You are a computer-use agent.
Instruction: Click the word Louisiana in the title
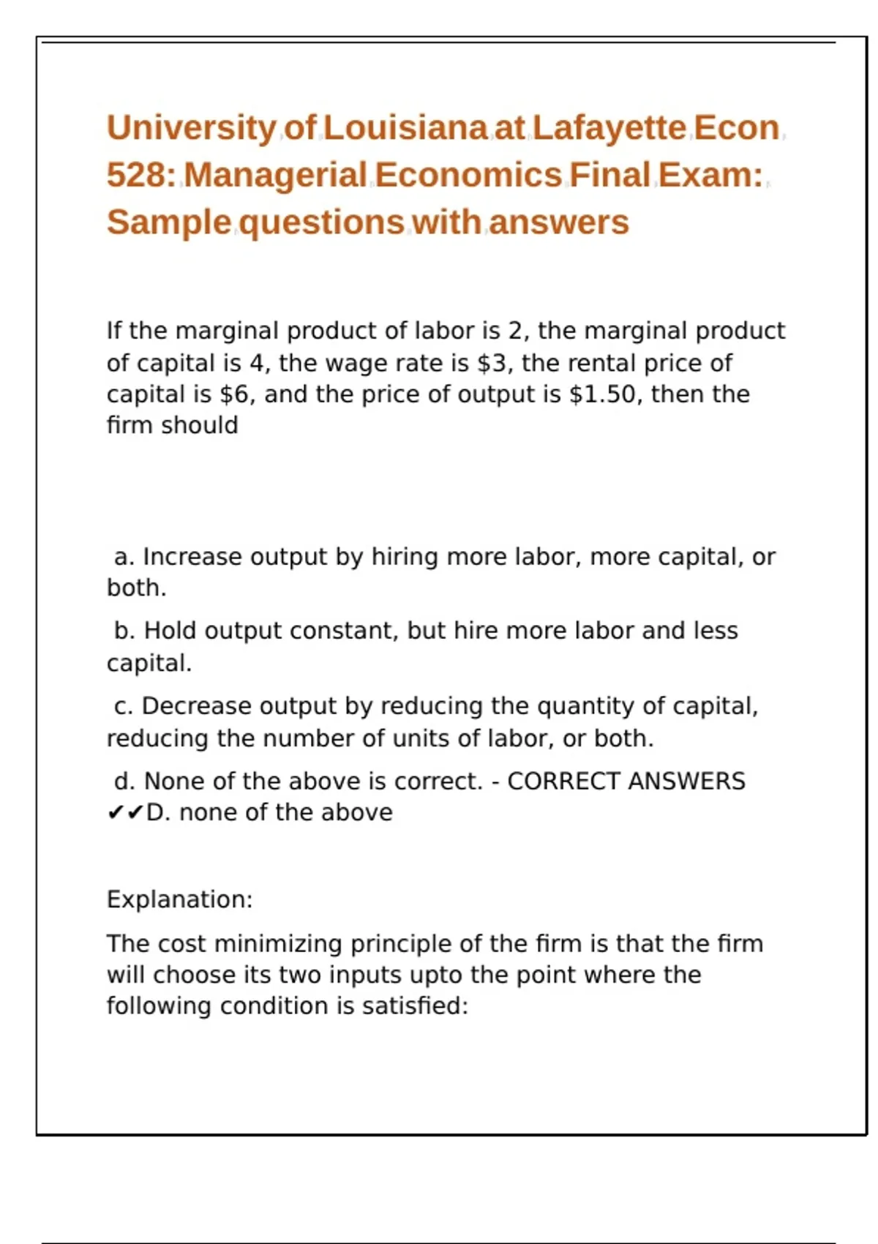click(405, 128)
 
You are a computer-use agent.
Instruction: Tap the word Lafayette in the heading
click(609, 128)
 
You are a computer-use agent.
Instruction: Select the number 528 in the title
click(137, 176)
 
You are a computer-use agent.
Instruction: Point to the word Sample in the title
click(169, 222)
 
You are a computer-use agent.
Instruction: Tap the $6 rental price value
click(236, 394)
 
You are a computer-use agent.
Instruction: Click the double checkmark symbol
click(125, 813)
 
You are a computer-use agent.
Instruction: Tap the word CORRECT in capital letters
click(564, 782)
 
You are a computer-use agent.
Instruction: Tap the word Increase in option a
click(192, 557)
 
